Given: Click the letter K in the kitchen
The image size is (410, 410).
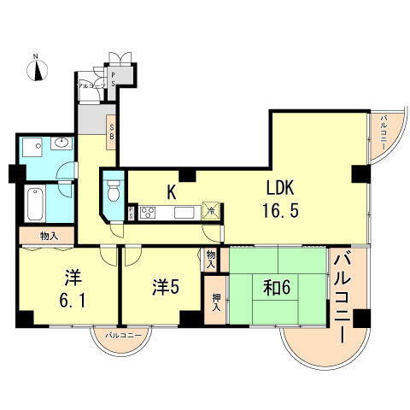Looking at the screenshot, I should pos(171,192).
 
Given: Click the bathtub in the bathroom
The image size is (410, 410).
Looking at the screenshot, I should pos(35,202).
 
